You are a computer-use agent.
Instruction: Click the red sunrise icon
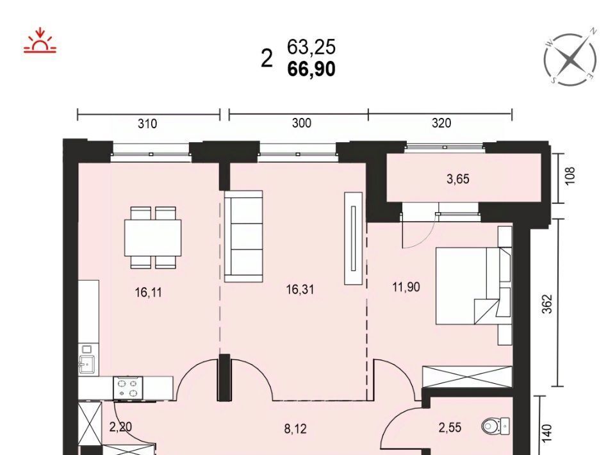point(40,40)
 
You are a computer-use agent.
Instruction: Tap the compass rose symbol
point(571,59)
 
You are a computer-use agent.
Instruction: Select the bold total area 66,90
point(311,69)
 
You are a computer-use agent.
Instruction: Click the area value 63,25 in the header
point(311,47)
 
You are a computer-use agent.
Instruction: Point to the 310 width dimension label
point(147,124)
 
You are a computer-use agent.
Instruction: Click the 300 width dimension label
point(302,123)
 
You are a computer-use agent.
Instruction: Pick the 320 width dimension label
point(441,123)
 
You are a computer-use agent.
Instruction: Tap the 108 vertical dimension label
point(571,176)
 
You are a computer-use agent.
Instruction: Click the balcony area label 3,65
point(457,179)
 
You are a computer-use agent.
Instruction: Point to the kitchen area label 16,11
point(148,292)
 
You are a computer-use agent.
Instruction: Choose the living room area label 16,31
point(300,290)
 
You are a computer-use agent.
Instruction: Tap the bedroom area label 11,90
point(406,288)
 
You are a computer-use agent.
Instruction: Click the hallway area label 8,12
point(295,429)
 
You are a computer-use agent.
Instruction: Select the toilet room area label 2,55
point(450,427)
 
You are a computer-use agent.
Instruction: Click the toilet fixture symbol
point(496,425)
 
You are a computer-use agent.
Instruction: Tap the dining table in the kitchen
point(153,238)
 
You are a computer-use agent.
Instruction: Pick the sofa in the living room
point(243,236)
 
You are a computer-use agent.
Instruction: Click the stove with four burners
point(128,388)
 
